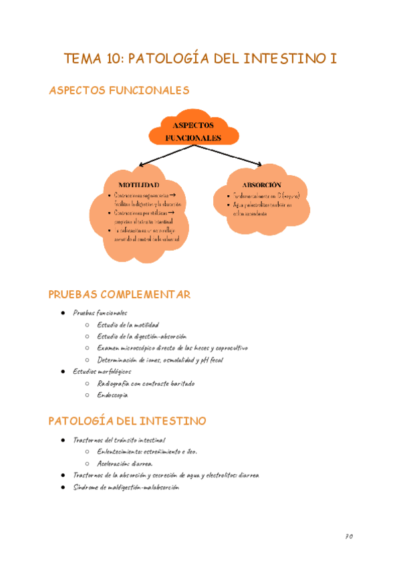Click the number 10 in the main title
[x=114, y=59]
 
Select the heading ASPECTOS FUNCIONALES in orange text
[x=119, y=90]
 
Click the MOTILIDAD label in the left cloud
[x=138, y=184]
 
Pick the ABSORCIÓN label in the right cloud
[x=262, y=184]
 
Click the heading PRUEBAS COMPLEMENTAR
[x=120, y=294]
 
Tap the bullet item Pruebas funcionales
[x=100, y=312]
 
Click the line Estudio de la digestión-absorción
[x=142, y=336]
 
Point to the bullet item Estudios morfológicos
[x=102, y=371]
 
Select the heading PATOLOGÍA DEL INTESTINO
[x=128, y=421]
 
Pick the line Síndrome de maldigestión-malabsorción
[x=126, y=487]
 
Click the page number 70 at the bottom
[x=348, y=536]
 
